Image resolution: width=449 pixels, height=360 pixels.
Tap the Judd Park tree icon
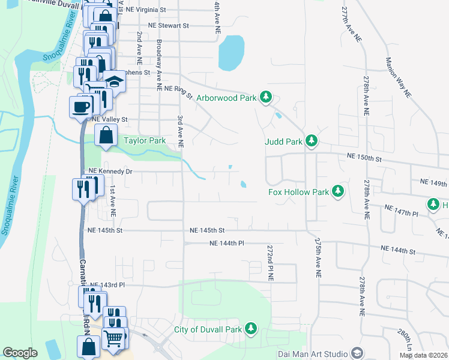311,142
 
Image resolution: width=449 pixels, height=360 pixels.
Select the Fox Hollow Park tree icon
338,191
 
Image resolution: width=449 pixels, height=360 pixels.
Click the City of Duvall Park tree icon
251,329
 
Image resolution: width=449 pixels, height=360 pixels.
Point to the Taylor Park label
145,141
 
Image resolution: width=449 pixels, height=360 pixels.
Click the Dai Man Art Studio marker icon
357,353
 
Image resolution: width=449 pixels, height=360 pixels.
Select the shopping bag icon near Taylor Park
106,136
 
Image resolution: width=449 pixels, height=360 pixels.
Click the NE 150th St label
364,157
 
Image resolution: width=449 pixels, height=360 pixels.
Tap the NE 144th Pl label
227,243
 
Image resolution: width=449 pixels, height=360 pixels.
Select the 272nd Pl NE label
270,263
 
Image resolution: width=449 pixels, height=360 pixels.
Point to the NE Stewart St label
168,26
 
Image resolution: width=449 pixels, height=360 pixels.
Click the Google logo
20,353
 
